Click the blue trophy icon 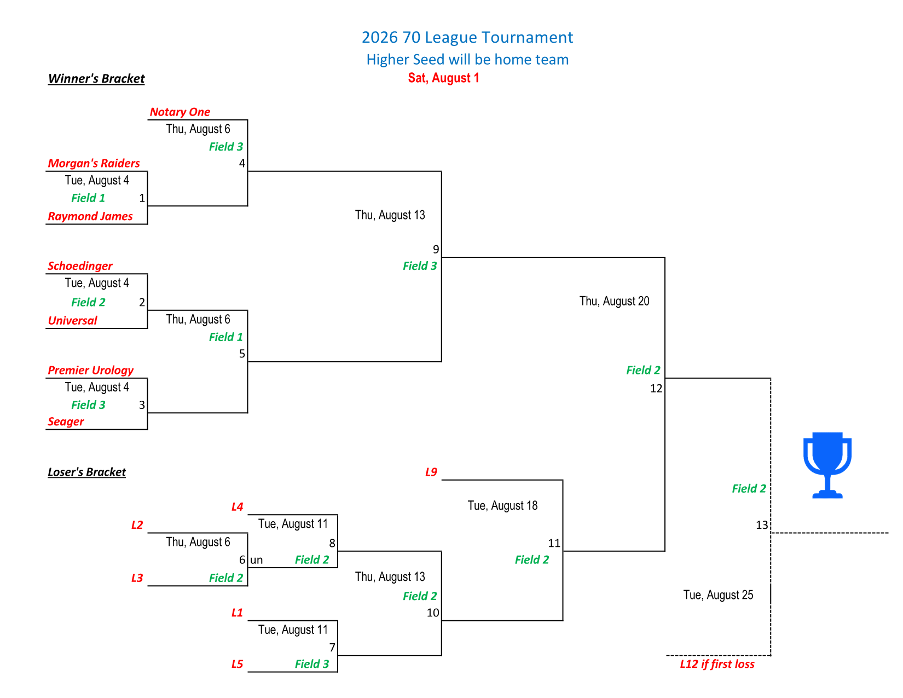click(x=827, y=465)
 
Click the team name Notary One click(x=180, y=112)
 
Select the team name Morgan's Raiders click(x=94, y=163)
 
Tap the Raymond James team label click(x=90, y=216)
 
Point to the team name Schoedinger click(x=80, y=266)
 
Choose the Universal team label click(x=72, y=320)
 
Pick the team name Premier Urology click(x=91, y=370)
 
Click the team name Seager click(x=66, y=422)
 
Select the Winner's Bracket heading click(x=96, y=78)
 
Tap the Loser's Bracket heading click(x=86, y=472)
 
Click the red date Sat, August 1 click(x=443, y=78)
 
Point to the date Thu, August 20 click(x=614, y=301)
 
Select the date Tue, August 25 click(x=718, y=595)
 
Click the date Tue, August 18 click(x=502, y=505)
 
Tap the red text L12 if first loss click(x=717, y=664)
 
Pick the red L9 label click(x=431, y=472)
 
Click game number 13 click(x=762, y=525)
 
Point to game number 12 click(x=656, y=389)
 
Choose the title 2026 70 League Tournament click(x=467, y=37)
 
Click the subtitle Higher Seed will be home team click(x=467, y=60)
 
